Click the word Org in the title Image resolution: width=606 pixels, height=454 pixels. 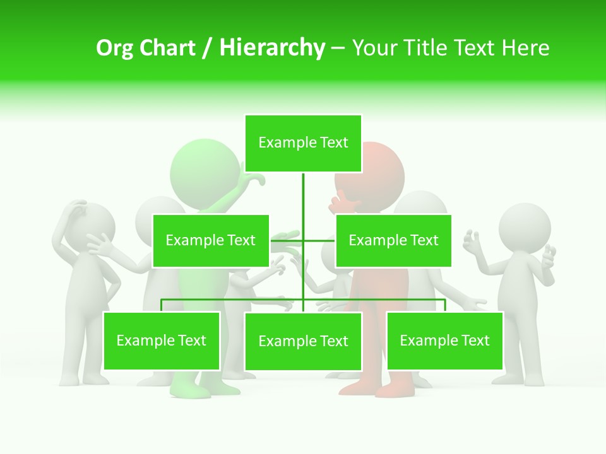pyautogui.click(x=114, y=48)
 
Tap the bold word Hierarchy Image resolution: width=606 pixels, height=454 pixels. pyautogui.click(x=272, y=48)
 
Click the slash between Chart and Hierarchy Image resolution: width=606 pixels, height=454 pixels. pyautogui.click(x=207, y=49)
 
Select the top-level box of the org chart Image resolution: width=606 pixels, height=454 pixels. pyautogui.click(x=303, y=143)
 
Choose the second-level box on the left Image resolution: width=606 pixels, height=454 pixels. pyautogui.click(x=211, y=240)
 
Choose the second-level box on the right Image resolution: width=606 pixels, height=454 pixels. pyautogui.click(x=393, y=240)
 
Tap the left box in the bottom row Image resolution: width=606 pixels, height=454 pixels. pyautogui.click(x=162, y=341)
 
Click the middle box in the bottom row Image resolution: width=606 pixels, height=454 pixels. pyautogui.click(x=303, y=341)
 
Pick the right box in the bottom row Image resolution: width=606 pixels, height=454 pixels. pyautogui.click(x=444, y=341)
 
